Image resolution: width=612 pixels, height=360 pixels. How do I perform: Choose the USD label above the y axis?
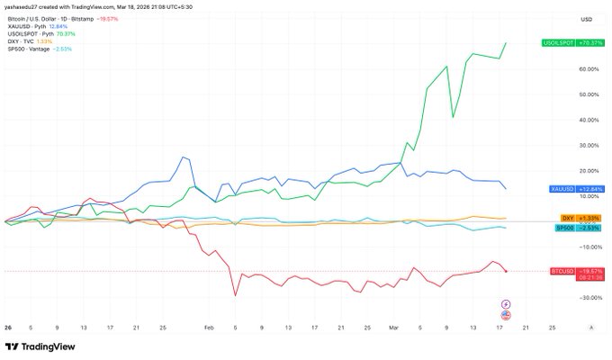(x=586, y=19)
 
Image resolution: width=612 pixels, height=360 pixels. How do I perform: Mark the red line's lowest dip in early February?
(x=236, y=295)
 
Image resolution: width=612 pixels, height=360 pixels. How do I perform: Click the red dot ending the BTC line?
(x=507, y=271)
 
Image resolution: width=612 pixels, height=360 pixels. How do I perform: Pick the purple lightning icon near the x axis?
(x=505, y=303)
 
